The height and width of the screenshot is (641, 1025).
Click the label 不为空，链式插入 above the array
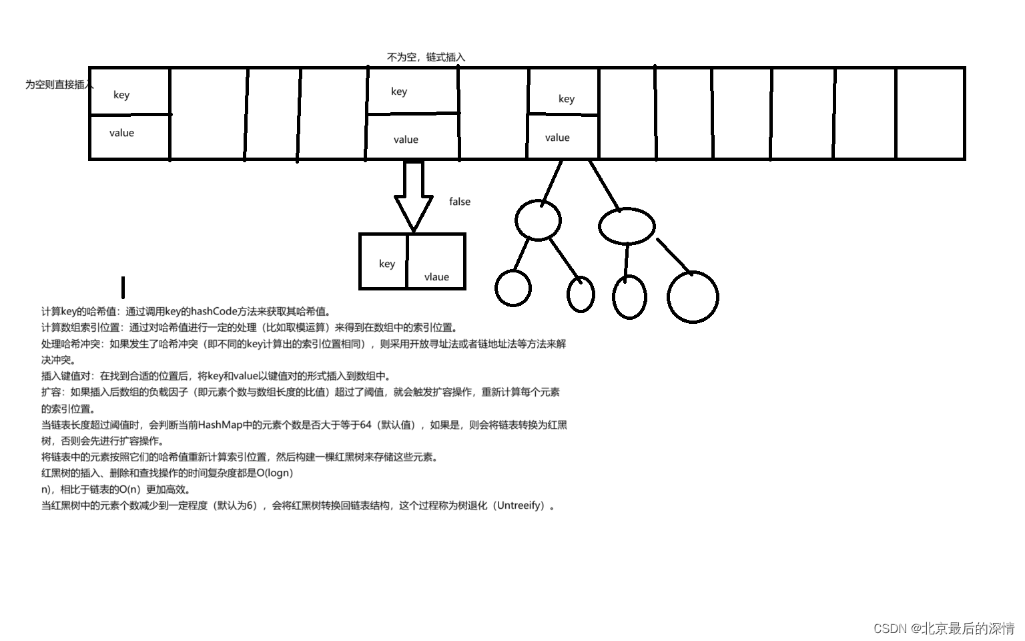pos(426,57)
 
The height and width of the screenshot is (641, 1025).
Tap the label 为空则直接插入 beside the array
pos(59,85)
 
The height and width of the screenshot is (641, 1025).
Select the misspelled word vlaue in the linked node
pos(436,277)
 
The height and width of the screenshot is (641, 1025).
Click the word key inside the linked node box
pos(387,264)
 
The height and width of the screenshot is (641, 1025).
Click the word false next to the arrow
pos(460,202)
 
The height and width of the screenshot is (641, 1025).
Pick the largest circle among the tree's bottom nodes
pos(693,297)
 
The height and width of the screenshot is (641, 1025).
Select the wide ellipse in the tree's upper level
pos(627,226)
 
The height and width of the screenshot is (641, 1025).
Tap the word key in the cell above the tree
pos(567,99)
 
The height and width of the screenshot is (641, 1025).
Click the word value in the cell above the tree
pos(557,138)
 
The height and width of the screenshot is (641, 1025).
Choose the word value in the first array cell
pos(121,133)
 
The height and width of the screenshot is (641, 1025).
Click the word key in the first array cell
pos(121,95)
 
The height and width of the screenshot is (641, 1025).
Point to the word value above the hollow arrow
pos(406,140)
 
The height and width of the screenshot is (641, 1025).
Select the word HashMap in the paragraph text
pos(220,425)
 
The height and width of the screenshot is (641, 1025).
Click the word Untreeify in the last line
pos(520,505)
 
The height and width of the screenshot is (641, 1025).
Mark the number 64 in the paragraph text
pos(365,425)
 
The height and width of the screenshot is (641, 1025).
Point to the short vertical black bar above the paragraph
pos(123,287)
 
